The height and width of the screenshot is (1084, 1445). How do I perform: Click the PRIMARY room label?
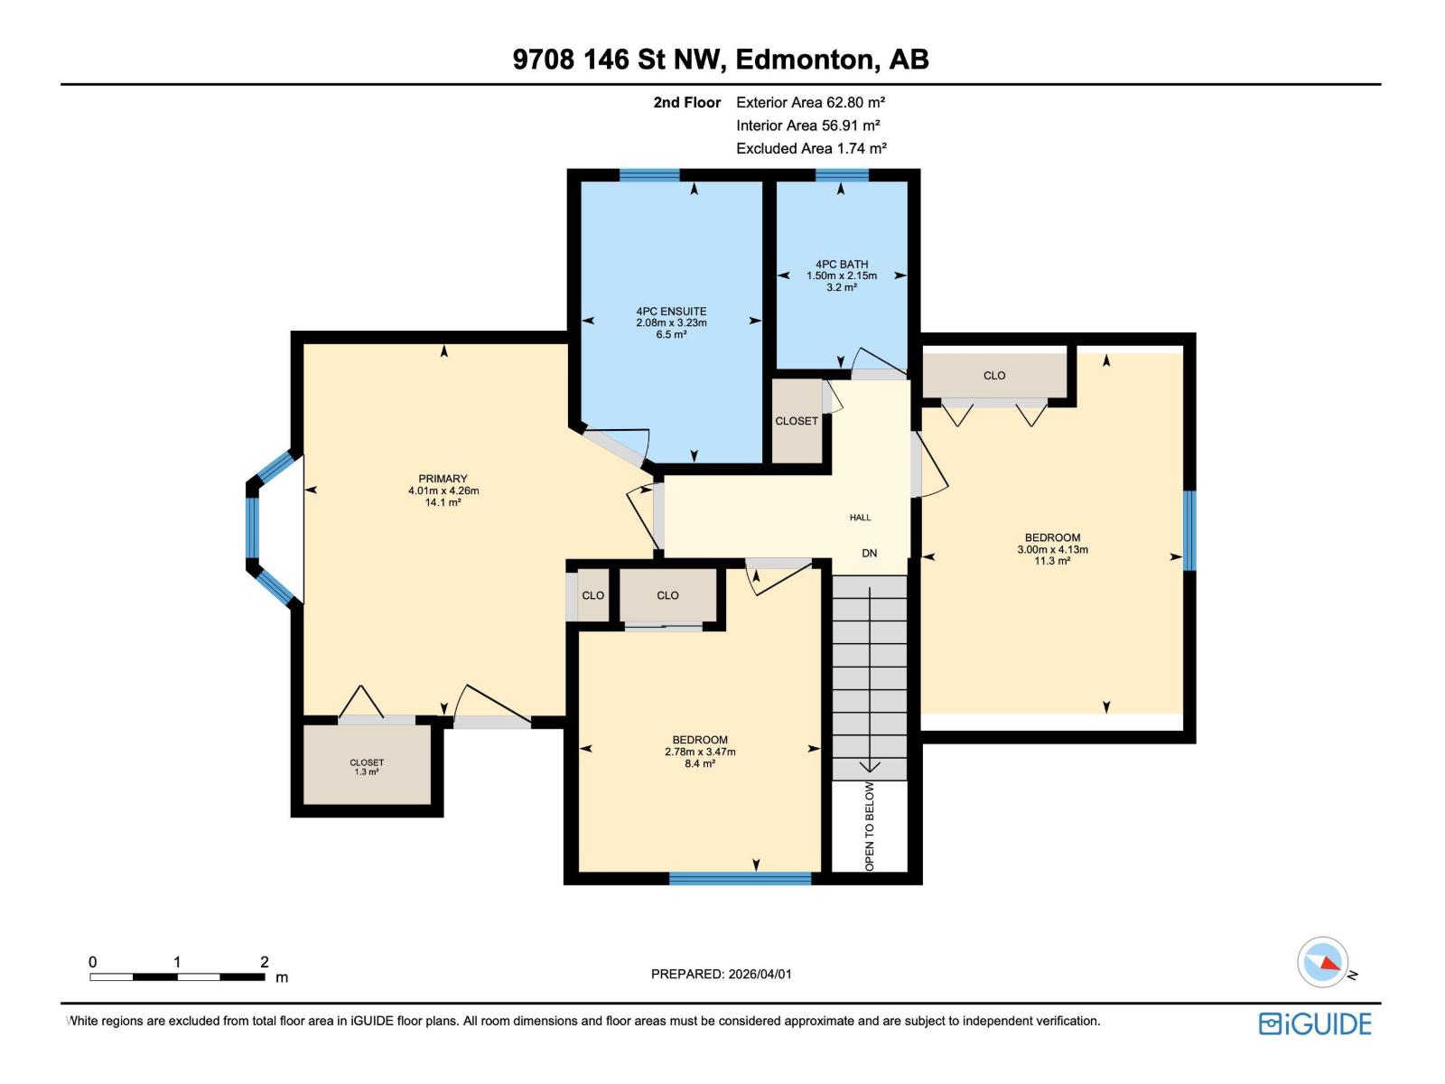point(443,479)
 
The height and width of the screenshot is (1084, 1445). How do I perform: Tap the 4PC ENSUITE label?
point(671,312)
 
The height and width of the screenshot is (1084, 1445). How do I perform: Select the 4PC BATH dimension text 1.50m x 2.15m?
point(842,276)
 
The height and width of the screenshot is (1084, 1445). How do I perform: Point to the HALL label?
point(860,518)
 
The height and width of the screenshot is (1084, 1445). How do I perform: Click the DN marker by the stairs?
point(869,553)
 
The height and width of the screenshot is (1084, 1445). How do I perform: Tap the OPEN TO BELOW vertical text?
point(870,827)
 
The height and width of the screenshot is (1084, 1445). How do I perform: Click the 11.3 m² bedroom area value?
point(1052,561)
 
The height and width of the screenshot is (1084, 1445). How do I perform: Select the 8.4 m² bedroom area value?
point(700,763)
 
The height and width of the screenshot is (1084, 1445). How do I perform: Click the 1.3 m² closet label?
point(367,772)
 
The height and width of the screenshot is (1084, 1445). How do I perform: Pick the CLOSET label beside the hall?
point(797,421)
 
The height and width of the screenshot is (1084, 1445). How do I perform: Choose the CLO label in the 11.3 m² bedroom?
point(994,376)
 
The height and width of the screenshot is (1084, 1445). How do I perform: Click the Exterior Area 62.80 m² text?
point(810,102)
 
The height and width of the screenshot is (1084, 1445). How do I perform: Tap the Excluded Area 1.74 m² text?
point(811,148)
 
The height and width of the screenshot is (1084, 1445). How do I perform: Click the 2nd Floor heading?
point(687,102)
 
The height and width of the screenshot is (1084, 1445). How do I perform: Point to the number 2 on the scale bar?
point(265,962)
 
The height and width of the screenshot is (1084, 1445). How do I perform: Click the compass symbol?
point(1323,962)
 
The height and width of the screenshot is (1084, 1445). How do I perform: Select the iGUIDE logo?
point(1315,1023)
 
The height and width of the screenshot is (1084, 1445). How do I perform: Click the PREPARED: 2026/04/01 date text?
point(721,974)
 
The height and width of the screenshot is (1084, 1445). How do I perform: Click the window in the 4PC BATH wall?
point(842,175)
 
